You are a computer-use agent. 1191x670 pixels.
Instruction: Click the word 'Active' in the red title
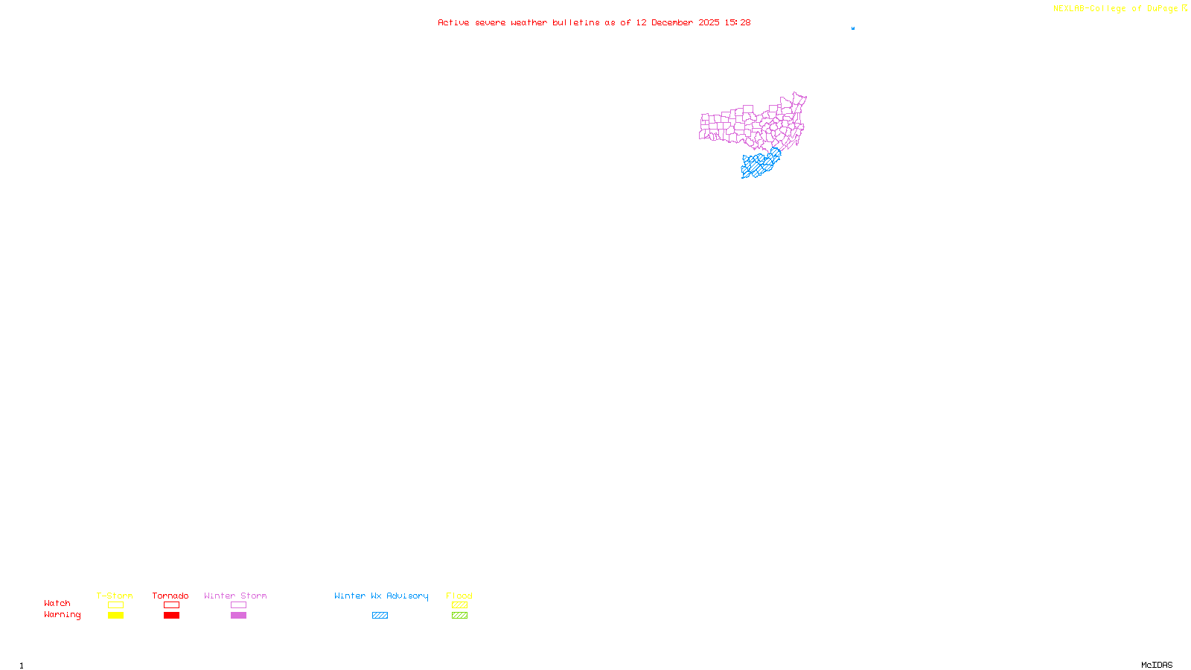453,22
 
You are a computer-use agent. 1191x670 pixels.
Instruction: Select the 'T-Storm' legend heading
115,596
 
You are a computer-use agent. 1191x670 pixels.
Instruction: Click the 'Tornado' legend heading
170,596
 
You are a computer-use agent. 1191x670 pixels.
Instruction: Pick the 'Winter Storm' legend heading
235,596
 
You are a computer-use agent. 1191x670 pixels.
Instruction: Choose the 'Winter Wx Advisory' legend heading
381,596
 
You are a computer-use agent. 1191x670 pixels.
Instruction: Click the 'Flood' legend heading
459,596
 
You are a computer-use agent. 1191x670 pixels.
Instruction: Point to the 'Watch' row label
57,603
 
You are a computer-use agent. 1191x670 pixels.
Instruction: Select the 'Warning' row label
63,615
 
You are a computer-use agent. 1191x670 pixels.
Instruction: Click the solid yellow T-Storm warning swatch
115,616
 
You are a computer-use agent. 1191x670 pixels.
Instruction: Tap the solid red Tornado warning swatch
172,616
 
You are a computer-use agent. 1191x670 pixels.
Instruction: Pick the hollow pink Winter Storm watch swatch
238,605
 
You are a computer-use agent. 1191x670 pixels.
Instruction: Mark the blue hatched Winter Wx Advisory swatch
380,616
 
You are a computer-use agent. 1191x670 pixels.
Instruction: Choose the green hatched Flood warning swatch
459,616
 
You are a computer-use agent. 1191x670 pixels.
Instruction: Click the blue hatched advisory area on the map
759,165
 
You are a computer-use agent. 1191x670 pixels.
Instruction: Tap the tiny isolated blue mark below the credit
853,28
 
